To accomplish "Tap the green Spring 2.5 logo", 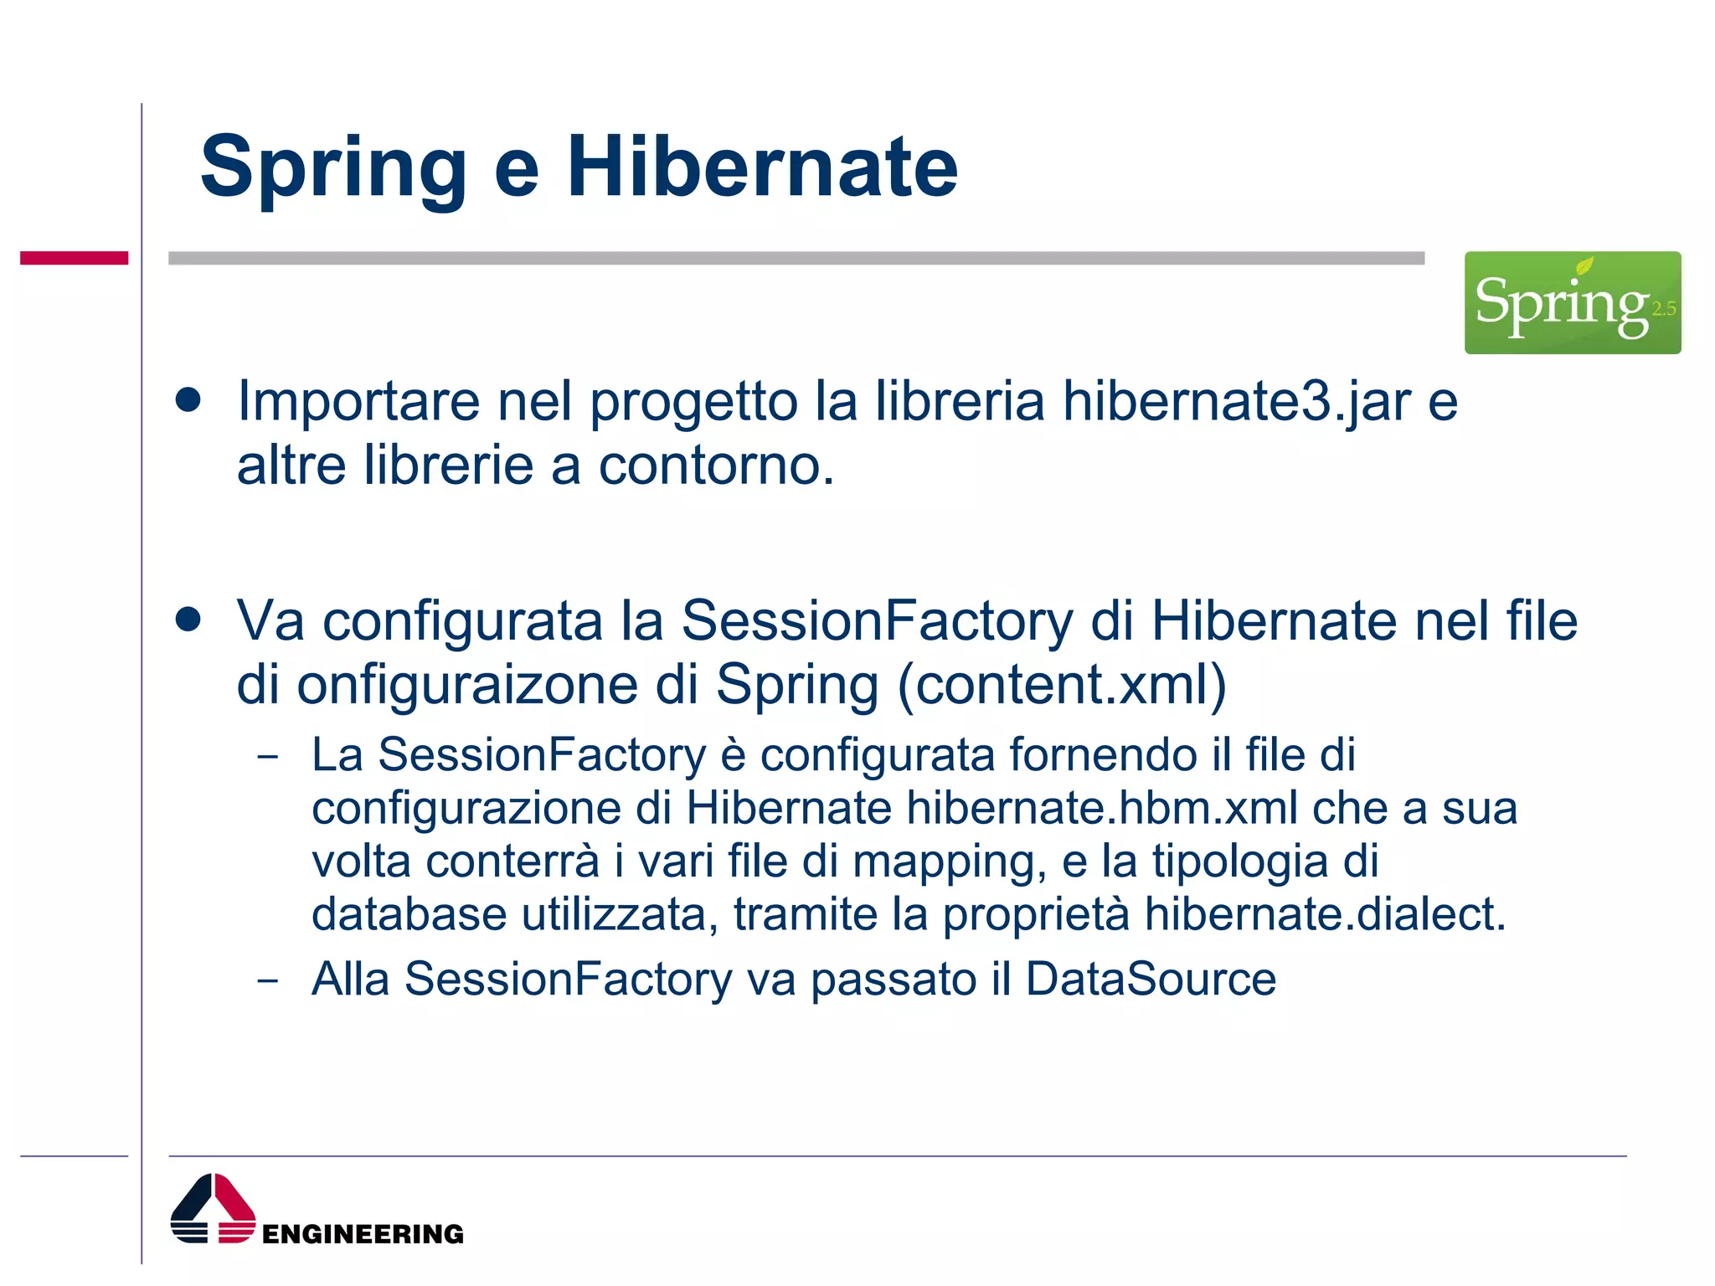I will [1572, 302].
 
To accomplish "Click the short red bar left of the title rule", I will [74, 258].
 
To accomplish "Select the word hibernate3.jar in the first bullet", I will [1236, 400].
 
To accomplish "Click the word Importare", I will [358, 400].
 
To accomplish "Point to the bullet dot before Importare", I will [188, 399].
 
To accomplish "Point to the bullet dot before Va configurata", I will [188, 620].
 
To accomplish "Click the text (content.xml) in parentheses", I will [1062, 684].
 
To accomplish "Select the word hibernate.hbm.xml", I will [1102, 808].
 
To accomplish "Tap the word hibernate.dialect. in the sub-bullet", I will [1325, 913].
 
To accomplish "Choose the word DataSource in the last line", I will [1151, 978].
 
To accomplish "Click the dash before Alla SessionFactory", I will [268, 980].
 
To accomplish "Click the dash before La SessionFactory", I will [268, 757].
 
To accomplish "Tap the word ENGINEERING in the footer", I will [363, 1233].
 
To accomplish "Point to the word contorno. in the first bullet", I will [716, 465].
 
